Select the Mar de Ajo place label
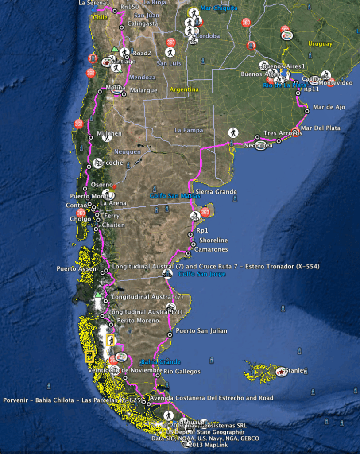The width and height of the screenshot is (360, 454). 329,107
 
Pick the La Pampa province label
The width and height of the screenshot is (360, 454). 188,130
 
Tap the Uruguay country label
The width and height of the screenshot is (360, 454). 320,44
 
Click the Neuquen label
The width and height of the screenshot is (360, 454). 128,152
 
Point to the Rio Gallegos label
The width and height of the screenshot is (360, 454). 182,372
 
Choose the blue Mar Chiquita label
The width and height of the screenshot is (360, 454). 219,8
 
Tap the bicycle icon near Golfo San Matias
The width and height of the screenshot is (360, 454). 194,216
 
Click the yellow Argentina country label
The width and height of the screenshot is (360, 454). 184,89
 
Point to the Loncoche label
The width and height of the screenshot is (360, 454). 108,163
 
